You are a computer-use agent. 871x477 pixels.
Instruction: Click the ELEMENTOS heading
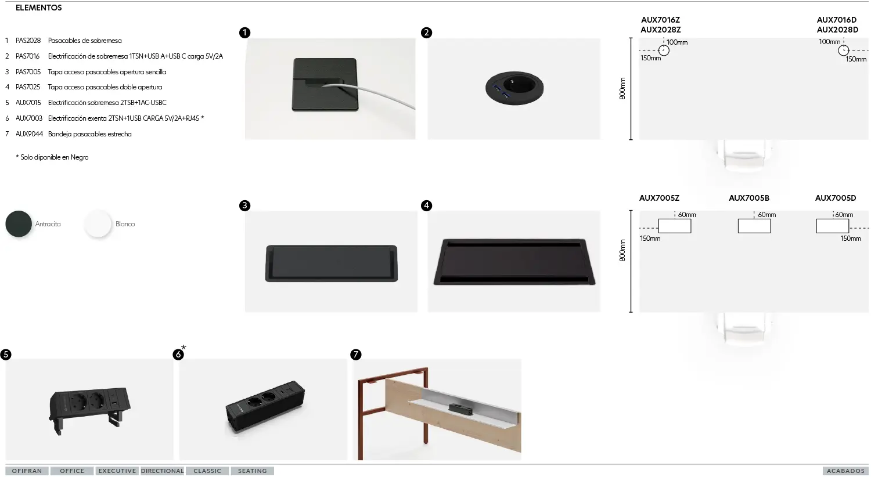tap(38, 8)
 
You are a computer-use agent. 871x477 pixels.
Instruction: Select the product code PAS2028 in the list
tap(28, 41)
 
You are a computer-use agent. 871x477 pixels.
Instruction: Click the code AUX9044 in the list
tap(29, 134)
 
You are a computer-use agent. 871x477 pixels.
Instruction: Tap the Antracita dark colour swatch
tap(19, 224)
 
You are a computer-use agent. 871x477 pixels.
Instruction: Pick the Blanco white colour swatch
tap(98, 224)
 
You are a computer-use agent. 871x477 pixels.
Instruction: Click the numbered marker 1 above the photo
tap(244, 32)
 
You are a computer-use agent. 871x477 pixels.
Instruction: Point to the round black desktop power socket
tap(514, 88)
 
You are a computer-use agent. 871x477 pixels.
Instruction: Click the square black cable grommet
tap(325, 84)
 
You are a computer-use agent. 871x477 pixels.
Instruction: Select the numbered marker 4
tap(426, 205)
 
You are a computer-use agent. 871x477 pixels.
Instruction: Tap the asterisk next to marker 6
tap(183, 348)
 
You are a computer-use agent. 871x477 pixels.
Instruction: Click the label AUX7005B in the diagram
tap(748, 198)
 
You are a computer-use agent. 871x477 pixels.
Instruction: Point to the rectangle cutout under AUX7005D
tap(832, 226)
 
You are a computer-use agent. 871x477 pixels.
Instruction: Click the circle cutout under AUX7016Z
tap(664, 50)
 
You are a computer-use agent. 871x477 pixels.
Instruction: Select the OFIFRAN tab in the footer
tap(27, 471)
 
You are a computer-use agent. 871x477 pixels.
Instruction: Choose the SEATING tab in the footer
tap(252, 471)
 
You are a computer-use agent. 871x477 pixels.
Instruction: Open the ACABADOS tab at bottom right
tap(845, 471)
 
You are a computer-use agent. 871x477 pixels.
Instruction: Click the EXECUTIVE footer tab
tap(117, 471)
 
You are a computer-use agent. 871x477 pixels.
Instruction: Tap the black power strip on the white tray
tap(461, 409)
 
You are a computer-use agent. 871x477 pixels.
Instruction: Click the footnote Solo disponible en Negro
tap(52, 157)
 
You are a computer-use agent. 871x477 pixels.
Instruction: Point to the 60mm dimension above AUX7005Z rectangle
tap(687, 215)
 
